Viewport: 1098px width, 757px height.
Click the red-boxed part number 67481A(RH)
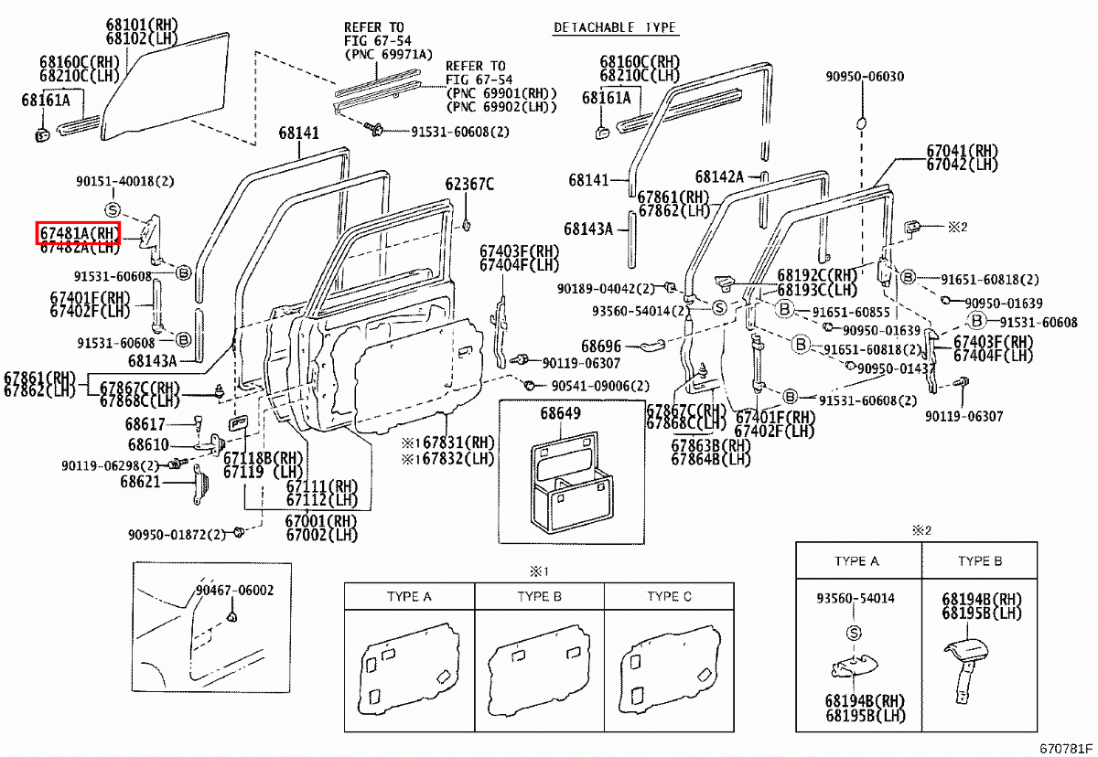[79, 233]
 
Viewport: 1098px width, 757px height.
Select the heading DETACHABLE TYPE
[615, 27]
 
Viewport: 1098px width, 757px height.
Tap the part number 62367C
[469, 184]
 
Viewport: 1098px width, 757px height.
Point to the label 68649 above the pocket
[560, 413]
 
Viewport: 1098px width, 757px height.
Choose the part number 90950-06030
[864, 77]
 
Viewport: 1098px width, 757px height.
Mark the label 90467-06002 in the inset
[233, 591]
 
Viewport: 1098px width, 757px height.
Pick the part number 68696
[600, 347]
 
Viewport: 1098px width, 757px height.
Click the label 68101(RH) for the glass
[144, 25]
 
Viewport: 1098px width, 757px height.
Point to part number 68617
[146, 424]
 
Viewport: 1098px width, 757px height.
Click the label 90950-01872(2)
[176, 534]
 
